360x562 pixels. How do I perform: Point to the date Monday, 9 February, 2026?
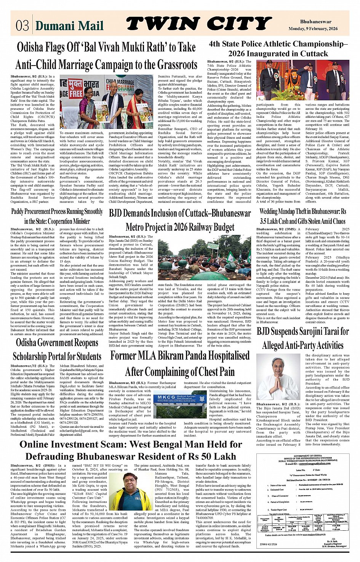pyautogui.click(x=313, y=29)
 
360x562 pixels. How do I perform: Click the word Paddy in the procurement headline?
pyautogui.click(x=18, y=212)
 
